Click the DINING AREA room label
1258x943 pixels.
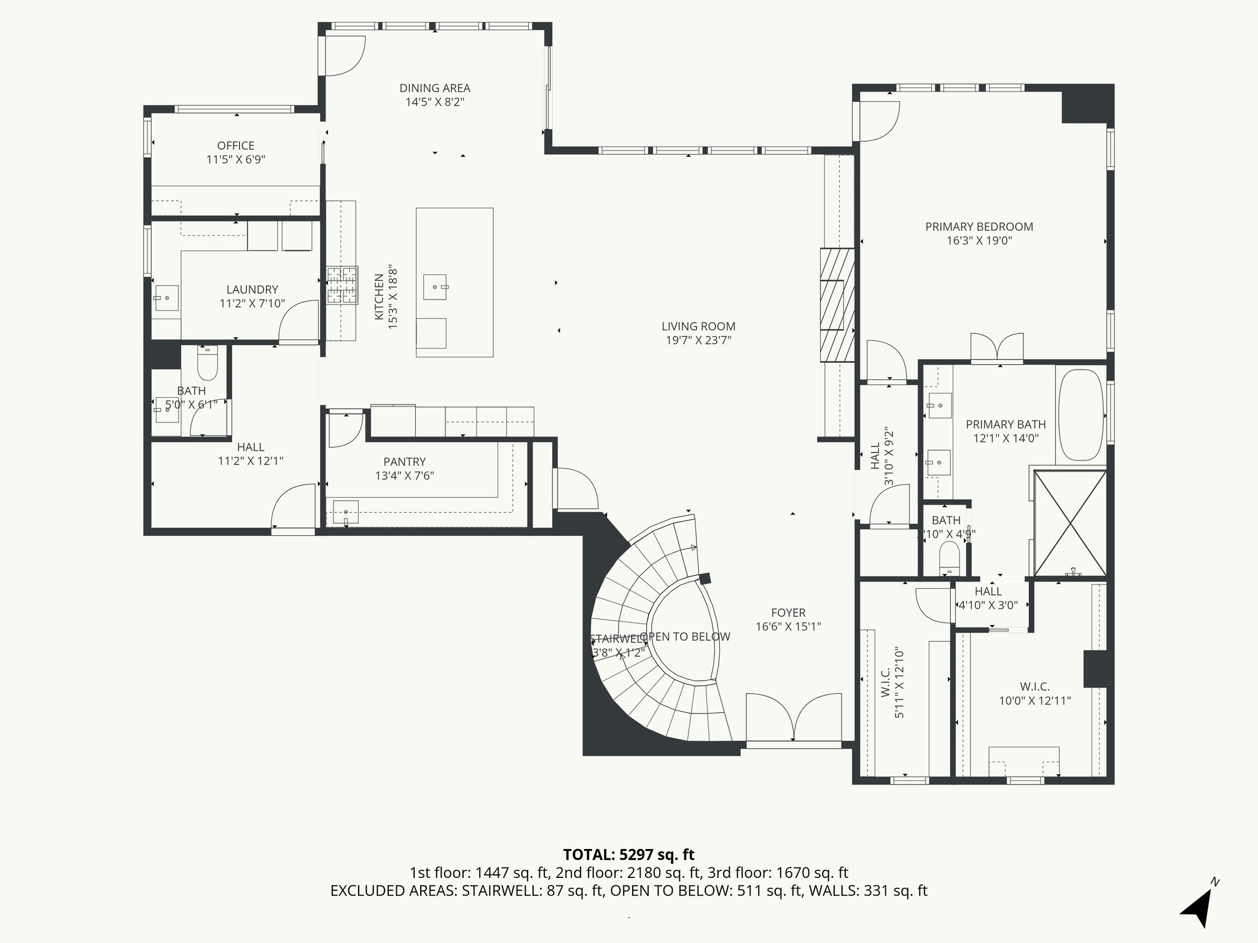point(434,88)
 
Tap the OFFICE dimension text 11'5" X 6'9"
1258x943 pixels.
point(235,160)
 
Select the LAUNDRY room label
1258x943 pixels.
point(252,290)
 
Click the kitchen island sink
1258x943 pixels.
point(436,287)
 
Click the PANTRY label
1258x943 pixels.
point(404,462)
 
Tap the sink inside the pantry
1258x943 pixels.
point(346,512)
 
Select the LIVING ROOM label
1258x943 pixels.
point(698,327)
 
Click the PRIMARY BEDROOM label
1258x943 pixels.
point(979,227)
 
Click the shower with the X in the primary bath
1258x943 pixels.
point(1070,523)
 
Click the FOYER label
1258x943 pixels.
point(788,613)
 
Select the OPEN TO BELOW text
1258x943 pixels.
point(686,637)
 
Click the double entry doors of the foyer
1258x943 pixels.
point(793,718)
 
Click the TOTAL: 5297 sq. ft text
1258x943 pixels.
point(628,855)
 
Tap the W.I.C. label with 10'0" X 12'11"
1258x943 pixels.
point(1034,686)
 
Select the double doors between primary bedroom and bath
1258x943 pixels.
point(996,347)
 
